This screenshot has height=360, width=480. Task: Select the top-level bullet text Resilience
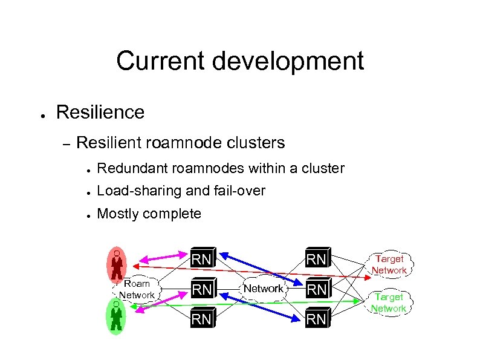[x=100, y=112]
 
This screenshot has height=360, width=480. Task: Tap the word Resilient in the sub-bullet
[x=111, y=143]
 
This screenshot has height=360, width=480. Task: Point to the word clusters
[x=255, y=143]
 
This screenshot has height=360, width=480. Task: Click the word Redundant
[x=129, y=168]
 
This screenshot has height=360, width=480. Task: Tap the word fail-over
[x=239, y=191]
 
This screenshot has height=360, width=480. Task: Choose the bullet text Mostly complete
[x=149, y=214]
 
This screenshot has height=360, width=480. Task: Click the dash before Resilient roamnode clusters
[x=66, y=143]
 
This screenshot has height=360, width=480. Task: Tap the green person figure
[x=116, y=317]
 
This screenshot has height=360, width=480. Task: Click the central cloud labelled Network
[x=263, y=289]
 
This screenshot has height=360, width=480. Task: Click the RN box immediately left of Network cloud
[x=201, y=289]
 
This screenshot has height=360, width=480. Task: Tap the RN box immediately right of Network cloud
[x=317, y=289]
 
